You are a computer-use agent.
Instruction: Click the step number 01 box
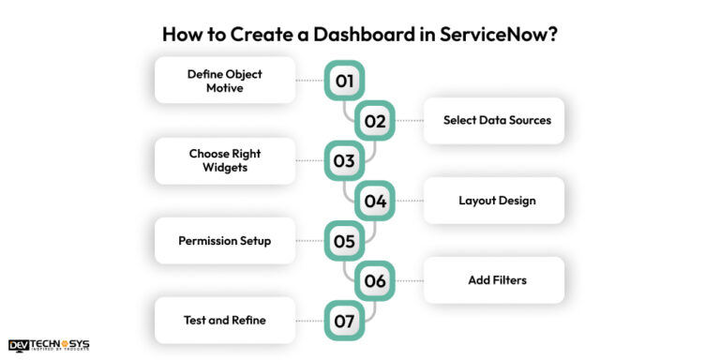(x=344, y=81)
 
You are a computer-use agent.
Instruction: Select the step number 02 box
(x=375, y=121)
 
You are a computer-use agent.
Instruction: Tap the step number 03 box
(x=344, y=160)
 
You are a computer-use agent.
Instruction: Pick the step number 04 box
(x=375, y=201)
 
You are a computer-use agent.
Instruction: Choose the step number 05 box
(x=344, y=241)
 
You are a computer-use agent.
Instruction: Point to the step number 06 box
(x=375, y=280)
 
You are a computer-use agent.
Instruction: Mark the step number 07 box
(x=344, y=321)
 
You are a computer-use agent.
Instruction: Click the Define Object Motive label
(x=224, y=81)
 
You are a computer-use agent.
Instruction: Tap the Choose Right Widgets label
(x=224, y=160)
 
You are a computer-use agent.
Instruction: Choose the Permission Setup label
(x=224, y=241)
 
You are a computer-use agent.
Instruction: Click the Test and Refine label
(x=224, y=321)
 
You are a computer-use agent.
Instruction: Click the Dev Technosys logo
(x=49, y=345)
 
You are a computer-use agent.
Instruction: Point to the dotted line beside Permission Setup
(x=309, y=241)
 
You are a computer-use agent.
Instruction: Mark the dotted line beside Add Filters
(x=410, y=280)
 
